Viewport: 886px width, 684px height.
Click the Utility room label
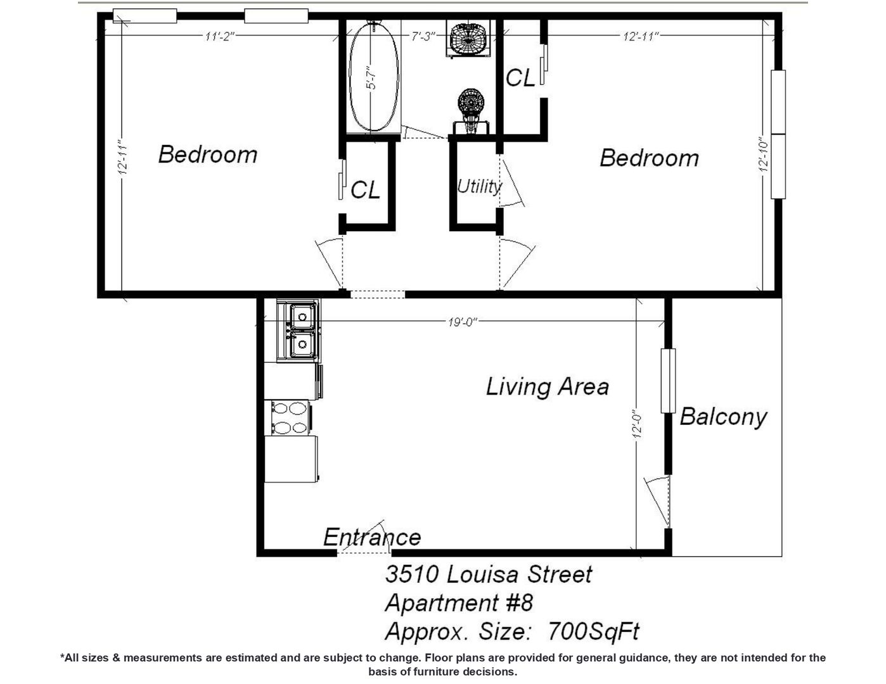tap(479, 187)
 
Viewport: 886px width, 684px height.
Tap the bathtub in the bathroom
tap(373, 76)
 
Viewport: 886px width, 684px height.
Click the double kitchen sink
tap(298, 331)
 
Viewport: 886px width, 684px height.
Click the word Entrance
tap(372, 537)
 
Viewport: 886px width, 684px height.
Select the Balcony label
tap(723, 417)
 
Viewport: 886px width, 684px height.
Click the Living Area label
tap(548, 386)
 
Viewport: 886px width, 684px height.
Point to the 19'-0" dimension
tap(463, 322)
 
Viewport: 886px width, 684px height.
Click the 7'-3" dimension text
tap(423, 36)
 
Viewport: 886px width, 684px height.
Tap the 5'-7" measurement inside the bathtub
tap(371, 78)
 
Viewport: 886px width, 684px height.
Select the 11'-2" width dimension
tap(220, 36)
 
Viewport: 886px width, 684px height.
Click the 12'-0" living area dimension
tap(638, 426)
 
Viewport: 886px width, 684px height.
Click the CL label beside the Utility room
tap(365, 189)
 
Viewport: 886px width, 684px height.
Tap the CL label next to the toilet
tap(520, 77)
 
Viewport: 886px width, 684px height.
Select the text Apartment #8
tap(459, 602)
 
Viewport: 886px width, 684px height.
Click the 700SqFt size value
tap(594, 631)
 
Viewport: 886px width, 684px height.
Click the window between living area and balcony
tap(668, 381)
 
